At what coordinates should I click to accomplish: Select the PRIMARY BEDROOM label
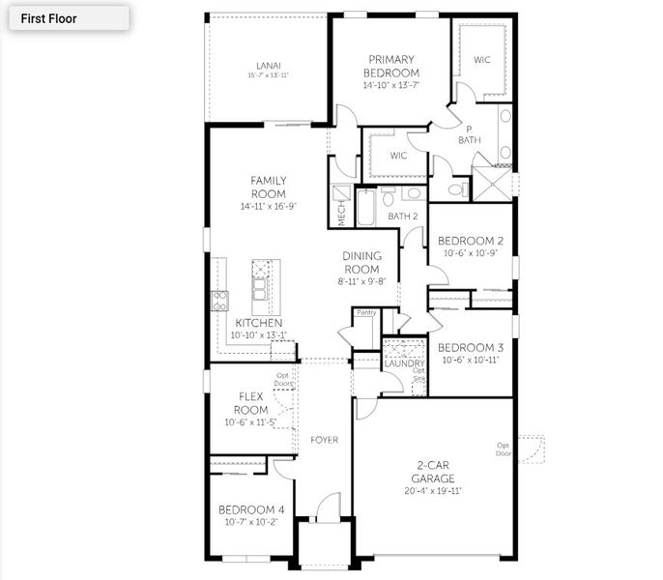click(390, 66)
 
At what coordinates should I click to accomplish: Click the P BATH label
click(469, 134)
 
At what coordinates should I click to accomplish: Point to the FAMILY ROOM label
click(268, 187)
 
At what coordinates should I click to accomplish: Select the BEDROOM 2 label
click(471, 241)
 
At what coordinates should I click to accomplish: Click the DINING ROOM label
click(361, 262)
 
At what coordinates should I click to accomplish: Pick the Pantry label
click(365, 312)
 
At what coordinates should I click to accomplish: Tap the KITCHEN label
click(258, 323)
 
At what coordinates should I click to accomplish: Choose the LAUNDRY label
click(404, 362)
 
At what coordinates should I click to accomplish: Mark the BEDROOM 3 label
click(471, 348)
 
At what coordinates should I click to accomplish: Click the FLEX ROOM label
click(250, 403)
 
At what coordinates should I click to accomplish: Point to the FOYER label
click(324, 440)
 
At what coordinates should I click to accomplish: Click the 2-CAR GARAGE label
click(431, 472)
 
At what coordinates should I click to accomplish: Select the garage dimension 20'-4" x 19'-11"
click(431, 490)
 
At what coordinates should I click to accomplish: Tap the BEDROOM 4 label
click(250, 509)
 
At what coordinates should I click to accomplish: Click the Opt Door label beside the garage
click(503, 449)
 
